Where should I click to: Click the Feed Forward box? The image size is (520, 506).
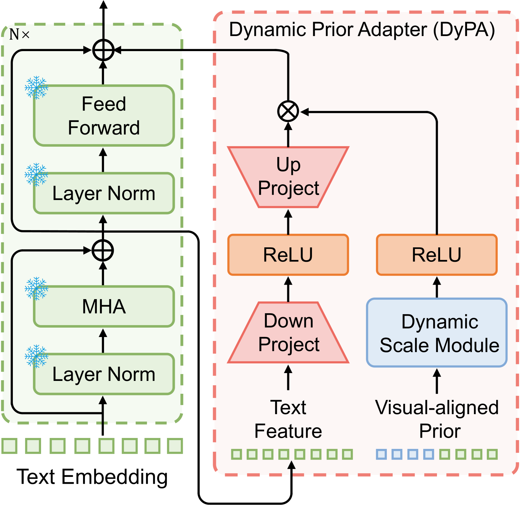coord(104,116)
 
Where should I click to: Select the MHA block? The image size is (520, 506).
coord(104,306)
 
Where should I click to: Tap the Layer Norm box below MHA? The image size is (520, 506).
coord(104,374)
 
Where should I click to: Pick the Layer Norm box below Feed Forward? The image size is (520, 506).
coord(104,193)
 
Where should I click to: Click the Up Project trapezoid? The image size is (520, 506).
coord(288,177)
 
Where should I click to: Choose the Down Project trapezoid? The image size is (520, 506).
coord(288,333)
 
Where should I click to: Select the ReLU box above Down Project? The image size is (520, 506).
coord(288,255)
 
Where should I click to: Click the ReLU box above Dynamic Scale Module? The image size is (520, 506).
coord(437,255)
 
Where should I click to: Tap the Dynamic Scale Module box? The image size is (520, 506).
coord(437,333)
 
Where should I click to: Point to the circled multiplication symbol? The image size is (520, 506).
coord(288,112)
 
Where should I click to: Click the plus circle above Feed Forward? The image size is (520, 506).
coord(103,50)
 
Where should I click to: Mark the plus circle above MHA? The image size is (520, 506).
coord(103,250)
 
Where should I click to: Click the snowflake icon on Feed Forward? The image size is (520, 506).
coord(37,87)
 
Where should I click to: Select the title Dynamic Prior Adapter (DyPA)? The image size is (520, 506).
coord(362,30)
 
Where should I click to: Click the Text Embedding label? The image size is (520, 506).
coord(92,477)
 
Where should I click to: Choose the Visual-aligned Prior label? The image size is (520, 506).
coord(437,419)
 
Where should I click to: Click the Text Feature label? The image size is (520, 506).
coord(288,419)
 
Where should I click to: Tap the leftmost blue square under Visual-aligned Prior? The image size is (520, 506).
coord(381,454)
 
